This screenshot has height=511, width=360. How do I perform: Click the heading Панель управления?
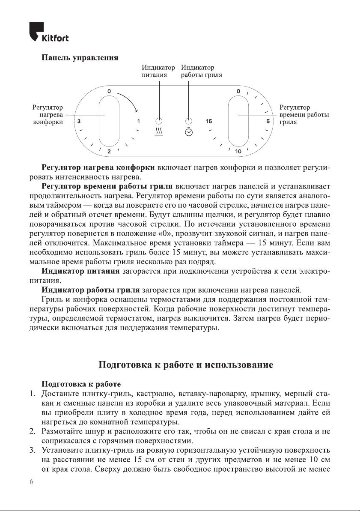point(79,57)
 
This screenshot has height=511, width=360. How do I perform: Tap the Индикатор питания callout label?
point(158,71)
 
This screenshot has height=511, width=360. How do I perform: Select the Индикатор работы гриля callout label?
point(201,71)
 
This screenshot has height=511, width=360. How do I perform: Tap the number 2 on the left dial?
point(109,152)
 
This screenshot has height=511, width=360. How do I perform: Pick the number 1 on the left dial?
point(138,122)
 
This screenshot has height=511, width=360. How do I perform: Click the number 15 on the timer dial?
point(209,122)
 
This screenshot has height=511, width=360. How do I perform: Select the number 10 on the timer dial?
point(238,152)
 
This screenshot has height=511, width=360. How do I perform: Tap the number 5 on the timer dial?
point(268,122)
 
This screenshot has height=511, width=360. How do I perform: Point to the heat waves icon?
point(158,131)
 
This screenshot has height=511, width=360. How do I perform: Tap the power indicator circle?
point(158,121)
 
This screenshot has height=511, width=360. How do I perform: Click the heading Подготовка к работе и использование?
point(186,365)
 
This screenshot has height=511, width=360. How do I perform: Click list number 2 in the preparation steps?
point(32,430)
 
